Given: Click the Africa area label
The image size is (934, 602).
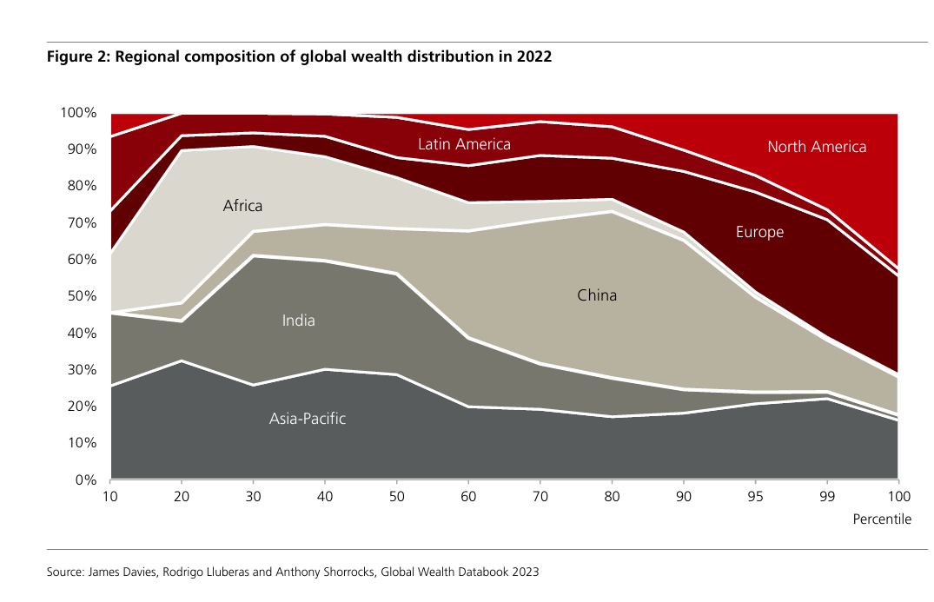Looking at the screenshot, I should coord(242,206).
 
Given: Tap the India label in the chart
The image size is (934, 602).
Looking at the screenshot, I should coord(298,321).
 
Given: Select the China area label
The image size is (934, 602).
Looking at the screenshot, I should coord(597,295).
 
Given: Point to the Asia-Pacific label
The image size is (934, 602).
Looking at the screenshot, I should coord(308,419).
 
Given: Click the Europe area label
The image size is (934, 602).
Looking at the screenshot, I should coord(759,232).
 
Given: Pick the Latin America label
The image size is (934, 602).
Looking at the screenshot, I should coord(464,143).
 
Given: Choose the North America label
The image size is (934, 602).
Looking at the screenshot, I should coord(817,147).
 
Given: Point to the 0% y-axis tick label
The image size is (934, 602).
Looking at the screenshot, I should coord(85,480).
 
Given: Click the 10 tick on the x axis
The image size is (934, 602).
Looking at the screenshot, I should coord(111,497).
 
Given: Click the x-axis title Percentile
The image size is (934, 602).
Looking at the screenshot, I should coord(883,519).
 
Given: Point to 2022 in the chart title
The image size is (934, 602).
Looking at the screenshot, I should coord(533,57).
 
